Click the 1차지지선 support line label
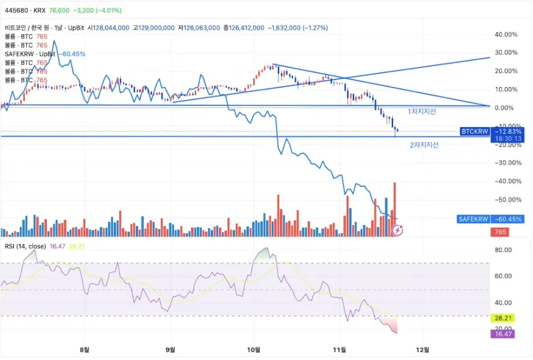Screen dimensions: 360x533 tap(422, 112)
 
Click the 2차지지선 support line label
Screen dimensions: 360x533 tap(424, 145)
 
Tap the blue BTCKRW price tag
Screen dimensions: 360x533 tap(475, 131)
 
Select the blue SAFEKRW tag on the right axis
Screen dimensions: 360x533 tap(474, 220)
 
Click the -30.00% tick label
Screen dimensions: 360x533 tap(505, 163)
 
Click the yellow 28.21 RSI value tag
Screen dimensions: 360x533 tap(503, 317)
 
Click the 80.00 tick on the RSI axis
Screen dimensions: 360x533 tap(503, 250)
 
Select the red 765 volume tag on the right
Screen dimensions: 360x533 tap(499, 232)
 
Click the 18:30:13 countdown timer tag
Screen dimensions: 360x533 tap(507, 139)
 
